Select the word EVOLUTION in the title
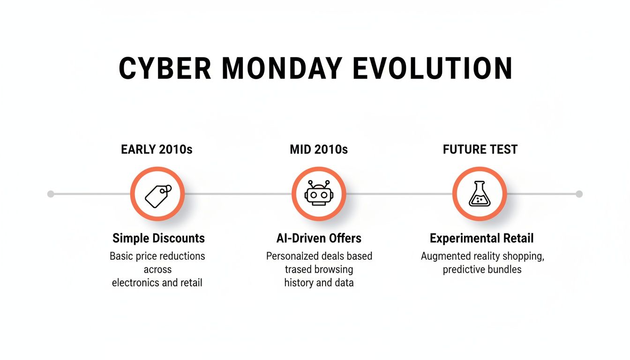click(x=432, y=68)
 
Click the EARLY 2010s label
click(x=157, y=150)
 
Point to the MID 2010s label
click(x=319, y=150)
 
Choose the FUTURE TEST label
click(x=480, y=150)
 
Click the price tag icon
click(x=157, y=194)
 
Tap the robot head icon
click(x=319, y=194)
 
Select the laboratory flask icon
click(x=480, y=194)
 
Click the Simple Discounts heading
click(x=158, y=238)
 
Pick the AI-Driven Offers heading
click(x=319, y=238)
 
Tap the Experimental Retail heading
click(x=481, y=238)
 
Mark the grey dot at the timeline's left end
click(x=51, y=194)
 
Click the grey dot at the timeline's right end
click(x=579, y=194)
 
